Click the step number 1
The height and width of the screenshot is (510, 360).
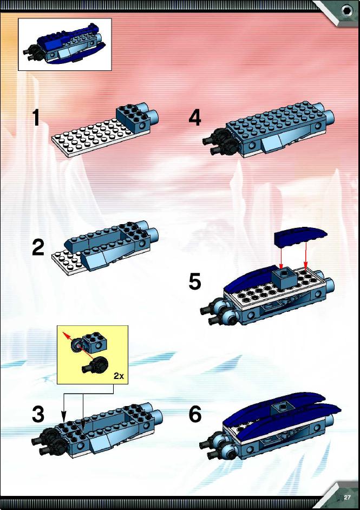coord(36,117)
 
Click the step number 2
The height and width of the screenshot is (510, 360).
coord(38,247)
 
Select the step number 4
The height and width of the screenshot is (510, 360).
coord(195,117)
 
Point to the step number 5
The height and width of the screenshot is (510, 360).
coord(195,282)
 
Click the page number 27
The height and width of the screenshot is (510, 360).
coord(348,498)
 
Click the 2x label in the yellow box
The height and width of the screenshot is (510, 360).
coord(119,376)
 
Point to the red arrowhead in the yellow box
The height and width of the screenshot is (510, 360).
coord(66,335)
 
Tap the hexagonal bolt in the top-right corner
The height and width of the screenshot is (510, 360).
coord(347,10)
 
